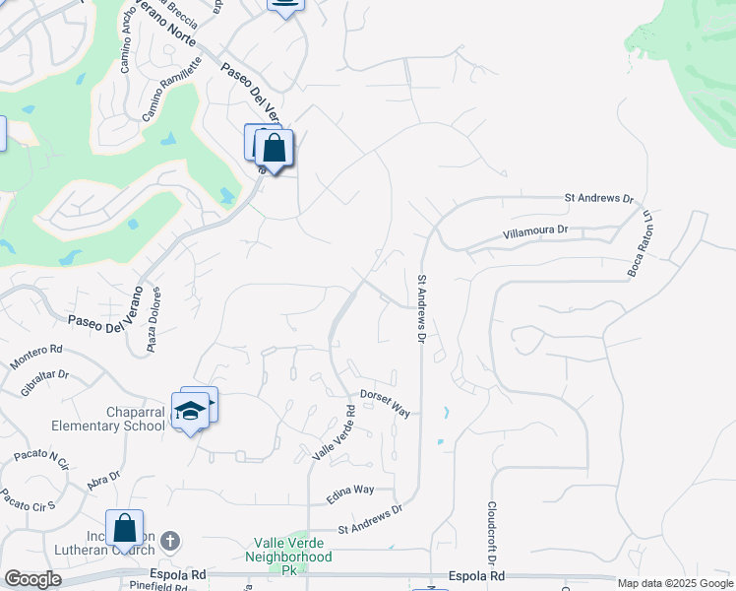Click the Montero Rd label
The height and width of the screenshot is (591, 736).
coord(35,357)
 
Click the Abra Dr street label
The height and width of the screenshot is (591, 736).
coord(102,479)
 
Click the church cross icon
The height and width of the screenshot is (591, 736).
coord(169,541)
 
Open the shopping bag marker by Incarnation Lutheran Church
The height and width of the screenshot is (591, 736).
coord(125,528)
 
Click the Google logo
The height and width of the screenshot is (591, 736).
coord(31,579)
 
